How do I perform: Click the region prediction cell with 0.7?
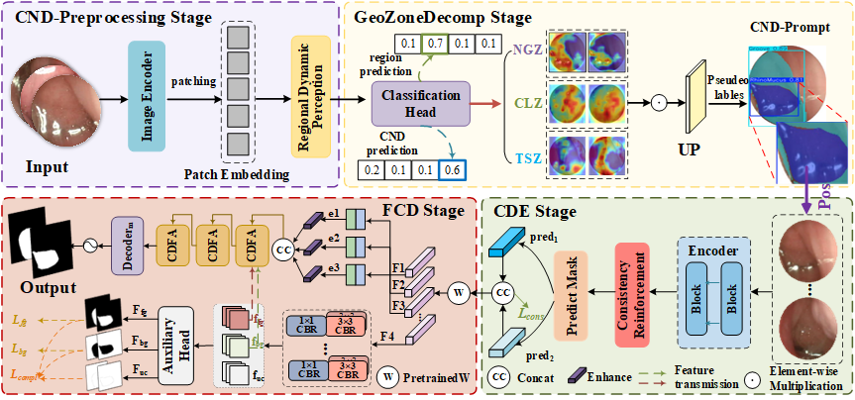click(433, 44)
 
